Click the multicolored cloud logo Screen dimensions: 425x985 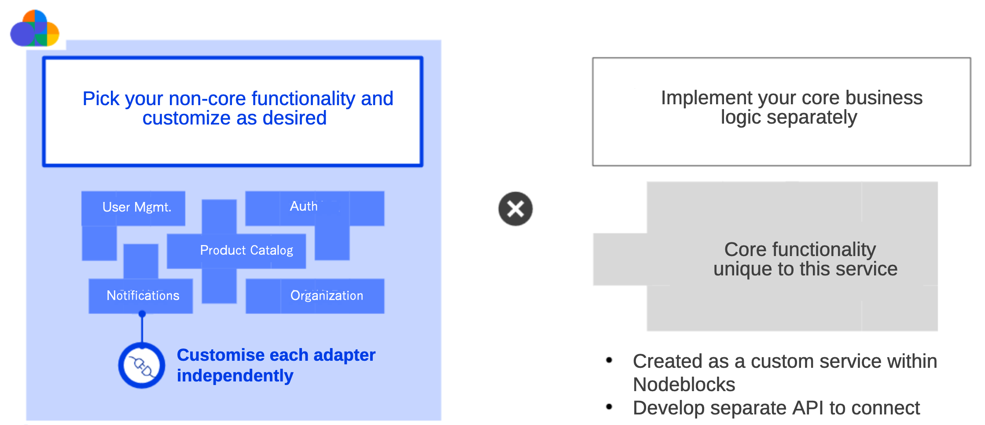click(35, 29)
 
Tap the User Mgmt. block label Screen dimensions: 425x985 click(136, 207)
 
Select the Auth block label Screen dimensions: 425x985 click(304, 206)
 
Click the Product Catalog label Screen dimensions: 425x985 click(246, 250)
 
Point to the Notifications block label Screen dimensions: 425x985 click(143, 296)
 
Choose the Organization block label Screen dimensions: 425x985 click(327, 296)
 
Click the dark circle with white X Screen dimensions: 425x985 click(515, 209)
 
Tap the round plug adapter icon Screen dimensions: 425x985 click(142, 365)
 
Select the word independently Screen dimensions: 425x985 click(235, 376)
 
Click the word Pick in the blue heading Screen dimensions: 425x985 click(101, 99)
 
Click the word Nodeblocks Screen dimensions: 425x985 click(684, 385)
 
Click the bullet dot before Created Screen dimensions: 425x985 click(609, 360)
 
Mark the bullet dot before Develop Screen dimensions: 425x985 click(609, 407)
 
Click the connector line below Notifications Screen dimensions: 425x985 click(142, 328)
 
